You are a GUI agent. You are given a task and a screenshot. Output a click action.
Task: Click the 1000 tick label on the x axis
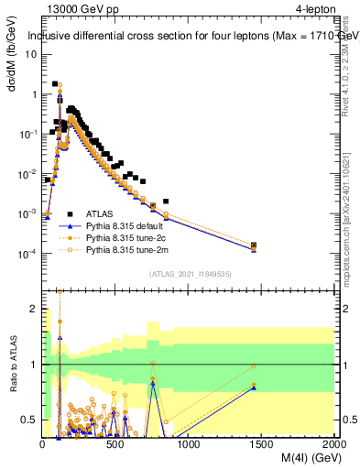[189, 444]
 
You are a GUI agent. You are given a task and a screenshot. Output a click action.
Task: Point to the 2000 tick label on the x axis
[333, 444]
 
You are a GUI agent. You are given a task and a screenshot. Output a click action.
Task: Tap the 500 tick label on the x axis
[115, 444]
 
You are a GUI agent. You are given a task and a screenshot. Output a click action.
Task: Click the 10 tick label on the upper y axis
[30, 54]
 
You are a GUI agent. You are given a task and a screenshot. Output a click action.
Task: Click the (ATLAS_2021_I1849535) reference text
[190, 273]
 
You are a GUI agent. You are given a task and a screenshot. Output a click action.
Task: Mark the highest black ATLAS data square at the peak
[55, 84]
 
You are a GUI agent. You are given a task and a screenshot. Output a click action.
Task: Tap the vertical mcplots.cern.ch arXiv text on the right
[350, 211]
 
